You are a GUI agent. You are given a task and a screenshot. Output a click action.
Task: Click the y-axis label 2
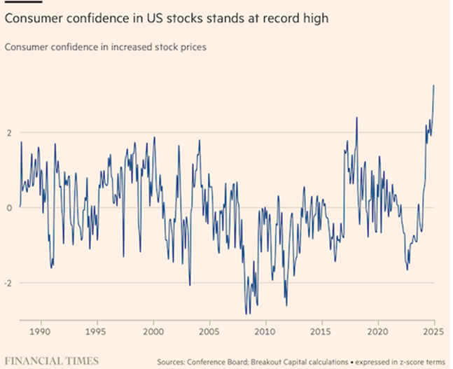click(9, 133)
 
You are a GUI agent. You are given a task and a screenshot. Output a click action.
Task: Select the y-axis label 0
click(9, 208)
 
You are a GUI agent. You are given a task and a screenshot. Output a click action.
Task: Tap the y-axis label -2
click(8, 283)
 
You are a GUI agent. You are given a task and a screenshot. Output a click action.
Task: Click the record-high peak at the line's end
click(434, 85)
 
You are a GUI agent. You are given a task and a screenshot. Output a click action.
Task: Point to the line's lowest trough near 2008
click(246, 313)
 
